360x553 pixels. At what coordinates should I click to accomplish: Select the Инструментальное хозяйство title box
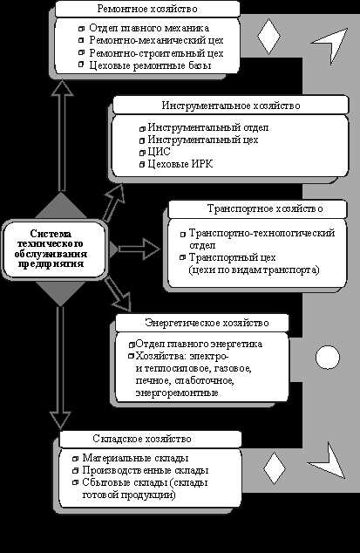tap(207, 106)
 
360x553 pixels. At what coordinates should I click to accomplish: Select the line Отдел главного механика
tap(133, 30)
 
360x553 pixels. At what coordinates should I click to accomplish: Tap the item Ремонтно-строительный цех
tap(144, 53)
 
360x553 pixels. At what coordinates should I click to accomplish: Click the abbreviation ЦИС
tap(160, 152)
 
